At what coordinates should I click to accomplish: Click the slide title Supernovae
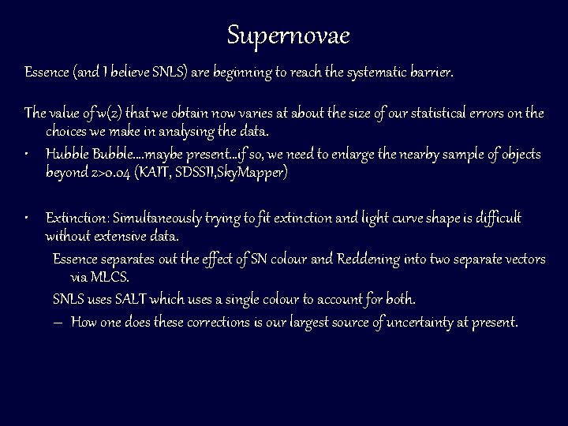[x=288, y=35]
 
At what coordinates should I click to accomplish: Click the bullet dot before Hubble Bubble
[x=28, y=153]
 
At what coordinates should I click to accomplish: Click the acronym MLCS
[x=110, y=278]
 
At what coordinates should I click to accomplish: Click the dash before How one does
[x=58, y=322]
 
